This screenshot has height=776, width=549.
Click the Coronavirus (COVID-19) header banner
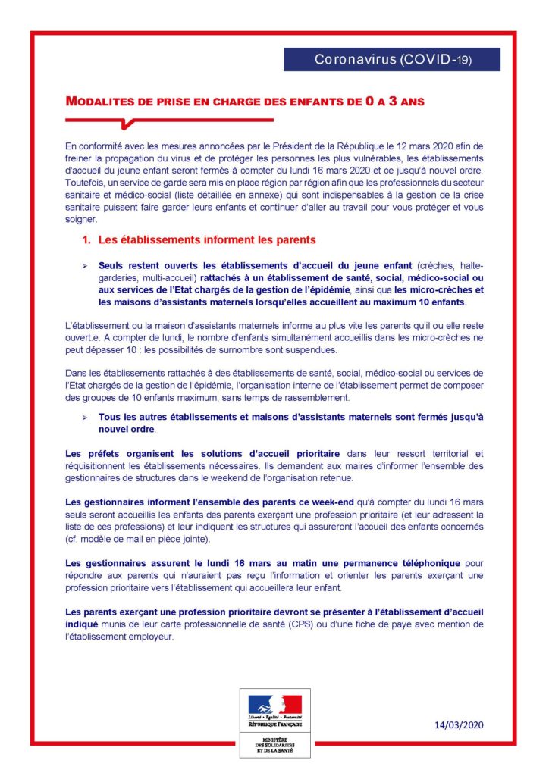click(x=392, y=59)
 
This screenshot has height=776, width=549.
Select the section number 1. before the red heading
click(x=86, y=240)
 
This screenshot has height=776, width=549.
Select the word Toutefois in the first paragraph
click(x=86, y=183)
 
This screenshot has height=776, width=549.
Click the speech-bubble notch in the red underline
click(x=127, y=123)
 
